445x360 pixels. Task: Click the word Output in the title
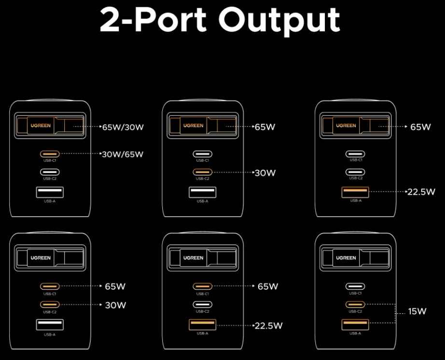(x=279, y=19)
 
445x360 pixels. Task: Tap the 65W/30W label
(x=123, y=127)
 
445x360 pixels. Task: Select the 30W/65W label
(x=123, y=154)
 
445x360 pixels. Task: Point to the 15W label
(x=417, y=312)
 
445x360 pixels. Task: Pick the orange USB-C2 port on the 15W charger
(x=355, y=305)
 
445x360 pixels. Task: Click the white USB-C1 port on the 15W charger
(x=355, y=287)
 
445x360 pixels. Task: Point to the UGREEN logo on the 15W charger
(x=346, y=258)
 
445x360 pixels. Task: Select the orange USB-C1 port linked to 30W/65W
(x=50, y=154)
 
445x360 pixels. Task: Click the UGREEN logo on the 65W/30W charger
(x=41, y=125)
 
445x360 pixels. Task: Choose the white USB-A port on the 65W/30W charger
(x=50, y=193)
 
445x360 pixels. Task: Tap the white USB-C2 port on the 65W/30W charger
(x=50, y=172)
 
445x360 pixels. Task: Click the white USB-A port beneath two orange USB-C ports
(x=50, y=325)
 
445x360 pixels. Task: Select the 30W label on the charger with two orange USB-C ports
(x=115, y=305)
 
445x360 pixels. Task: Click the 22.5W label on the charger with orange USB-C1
(x=268, y=326)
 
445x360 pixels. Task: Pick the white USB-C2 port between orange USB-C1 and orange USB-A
(x=203, y=305)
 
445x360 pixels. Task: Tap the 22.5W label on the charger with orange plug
(x=421, y=192)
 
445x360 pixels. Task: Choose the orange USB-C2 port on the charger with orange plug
(x=203, y=172)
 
